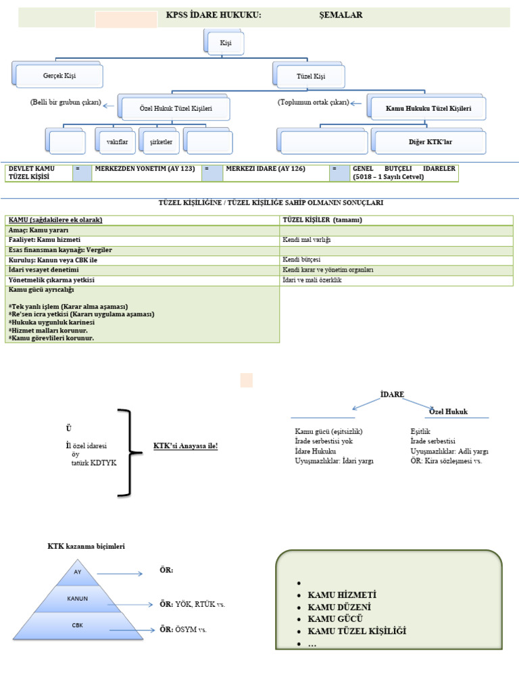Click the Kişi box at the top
coord(225,43)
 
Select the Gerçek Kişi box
coord(59,76)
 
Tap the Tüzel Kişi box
coord(311,76)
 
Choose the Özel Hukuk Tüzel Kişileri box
coord(175,109)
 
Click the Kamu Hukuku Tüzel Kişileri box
coord(428,109)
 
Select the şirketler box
coord(161,142)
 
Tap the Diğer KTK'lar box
coord(430,143)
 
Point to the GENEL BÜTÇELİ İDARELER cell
coord(403,173)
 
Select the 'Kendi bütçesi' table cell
coord(396,259)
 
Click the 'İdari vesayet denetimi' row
coord(142,270)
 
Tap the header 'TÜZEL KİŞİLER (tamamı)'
coord(396,220)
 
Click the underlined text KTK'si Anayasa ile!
coord(186,447)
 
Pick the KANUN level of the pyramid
coord(78,599)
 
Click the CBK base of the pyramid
coord(78,626)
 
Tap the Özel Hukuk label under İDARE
coord(449,412)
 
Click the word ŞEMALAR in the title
coord(341,15)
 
